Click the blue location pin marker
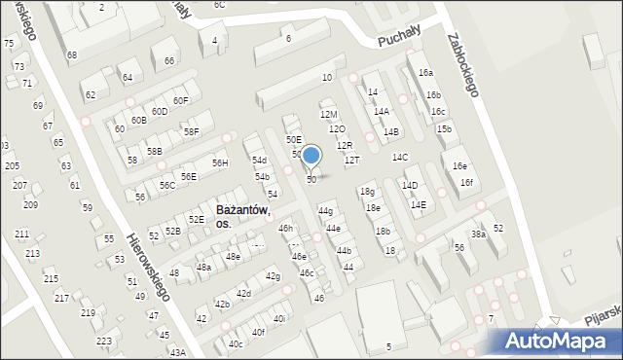point(311,156)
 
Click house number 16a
point(425,73)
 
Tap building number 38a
point(478,234)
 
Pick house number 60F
point(180,100)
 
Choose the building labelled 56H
point(220,162)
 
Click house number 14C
point(400,157)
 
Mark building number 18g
point(367,192)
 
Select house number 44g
point(325,211)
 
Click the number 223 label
point(104,342)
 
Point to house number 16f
point(466,183)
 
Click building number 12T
point(351,160)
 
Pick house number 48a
point(203,267)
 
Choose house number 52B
point(172,231)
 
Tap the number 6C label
point(219,5)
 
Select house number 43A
point(177,352)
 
